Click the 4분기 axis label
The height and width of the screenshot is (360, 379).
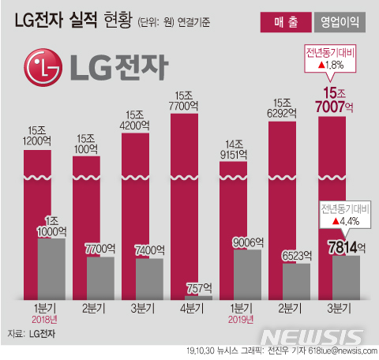point(186,308)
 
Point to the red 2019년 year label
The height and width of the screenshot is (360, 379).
point(237,320)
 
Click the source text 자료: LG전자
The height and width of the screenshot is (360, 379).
point(32,334)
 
